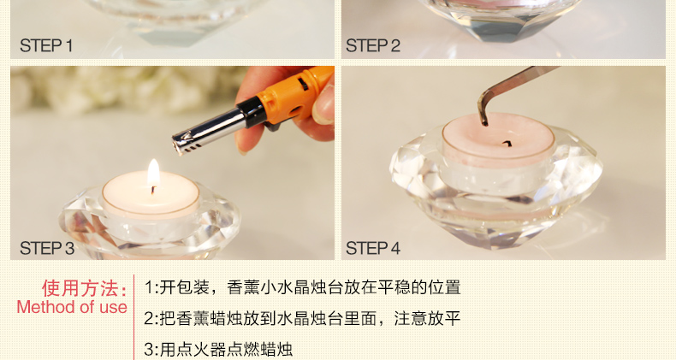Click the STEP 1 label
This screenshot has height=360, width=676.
(x=46, y=45)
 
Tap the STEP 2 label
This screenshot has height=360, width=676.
(x=373, y=45)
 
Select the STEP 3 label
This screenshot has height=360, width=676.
(x=47, y=249)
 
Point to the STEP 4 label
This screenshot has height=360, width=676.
(x=373, y=249)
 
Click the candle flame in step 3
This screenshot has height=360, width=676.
(x=153, y=173)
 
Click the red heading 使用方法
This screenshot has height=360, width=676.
(x=85, y=288)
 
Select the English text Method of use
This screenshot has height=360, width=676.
(x=72, y=307)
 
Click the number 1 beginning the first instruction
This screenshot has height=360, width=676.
(x=148, y=287)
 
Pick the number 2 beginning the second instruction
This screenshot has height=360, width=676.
(x=149, y=319)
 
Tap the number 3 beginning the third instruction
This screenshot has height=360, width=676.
(x=149, y=350)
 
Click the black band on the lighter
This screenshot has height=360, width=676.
(x=252, y=112)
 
